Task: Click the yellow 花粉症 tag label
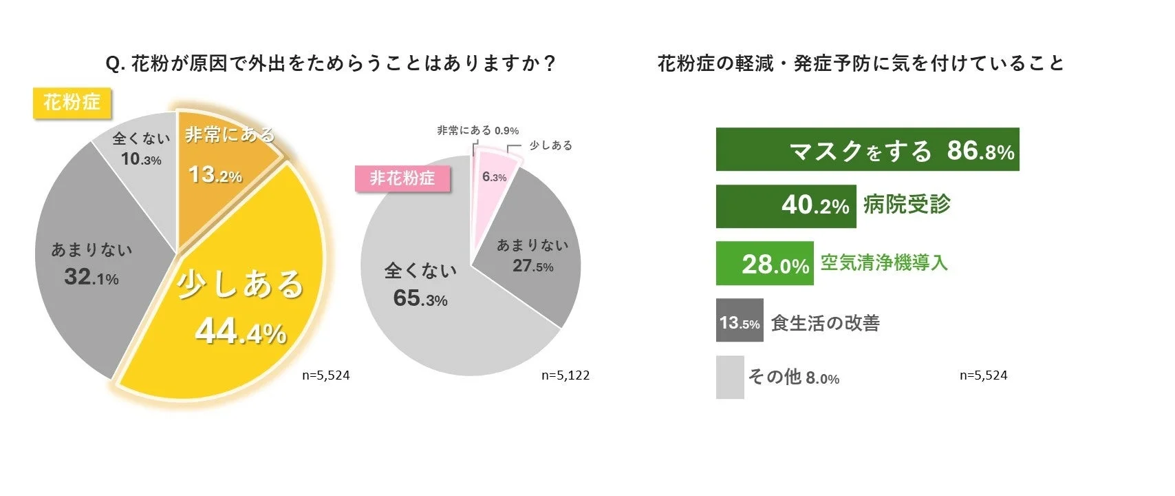pyautogui.click(x=72, y=103)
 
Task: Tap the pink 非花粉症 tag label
pyautogui.click(x=402, y=178)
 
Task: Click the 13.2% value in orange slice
pyautogui.click(x=215, y=175)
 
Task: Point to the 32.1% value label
pyautogui.click(x=91, y=277)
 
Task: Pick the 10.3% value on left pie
pyautogui.click(x=141, y=160)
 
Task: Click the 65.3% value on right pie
pyautogui.click(x=420, y=298)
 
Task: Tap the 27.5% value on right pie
pyautogui.click(x=532, y=266)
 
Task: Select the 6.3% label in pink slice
pyautogui.click(x=494, y=177)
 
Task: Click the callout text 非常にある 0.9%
pyautogui.click(x=477, y=130)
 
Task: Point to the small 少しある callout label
pyautogui.click(x=550, y=145)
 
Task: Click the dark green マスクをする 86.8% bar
pyautogui.click(x=867, y=149)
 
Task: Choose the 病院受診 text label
pyautogui.click(x=907, y=205)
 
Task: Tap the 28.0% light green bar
pyautogui.click(x=764, y=264)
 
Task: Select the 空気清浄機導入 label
pyautogui.click(x=884, y=262)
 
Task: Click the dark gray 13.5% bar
pyautogui.click(x=740, y=321)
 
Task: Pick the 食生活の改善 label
pyautogui.click(x=825, y=323)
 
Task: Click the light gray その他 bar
pyautogui.click(x=730, y=378)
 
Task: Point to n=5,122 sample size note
pyautogui.click(x=565, y=375)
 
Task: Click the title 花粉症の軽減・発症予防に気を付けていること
pyautogui.click(x=861, y=64)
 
